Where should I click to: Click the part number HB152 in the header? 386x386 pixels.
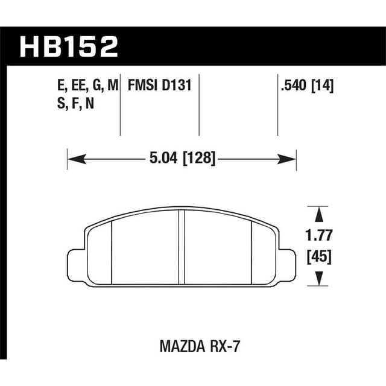click(69, 46)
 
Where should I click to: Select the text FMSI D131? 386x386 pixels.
click(159, 86)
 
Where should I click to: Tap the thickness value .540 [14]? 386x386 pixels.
click(308, 86)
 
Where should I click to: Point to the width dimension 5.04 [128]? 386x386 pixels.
click(182, 159)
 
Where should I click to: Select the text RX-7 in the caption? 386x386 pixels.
click(219, 348)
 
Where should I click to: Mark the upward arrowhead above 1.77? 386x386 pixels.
click(317, 212)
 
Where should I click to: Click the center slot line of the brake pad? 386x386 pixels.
click(181, 247)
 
